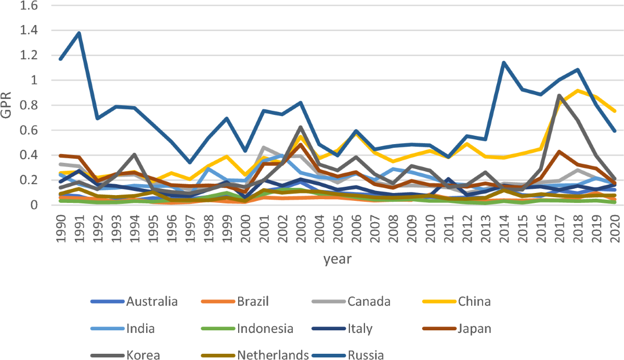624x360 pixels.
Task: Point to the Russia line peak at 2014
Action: [503, 63]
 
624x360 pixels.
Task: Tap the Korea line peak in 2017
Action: [558, 96]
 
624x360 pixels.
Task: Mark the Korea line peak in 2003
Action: [301, 127]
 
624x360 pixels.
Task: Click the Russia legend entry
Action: [366, 355]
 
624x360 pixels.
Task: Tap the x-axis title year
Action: [337, 258]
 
